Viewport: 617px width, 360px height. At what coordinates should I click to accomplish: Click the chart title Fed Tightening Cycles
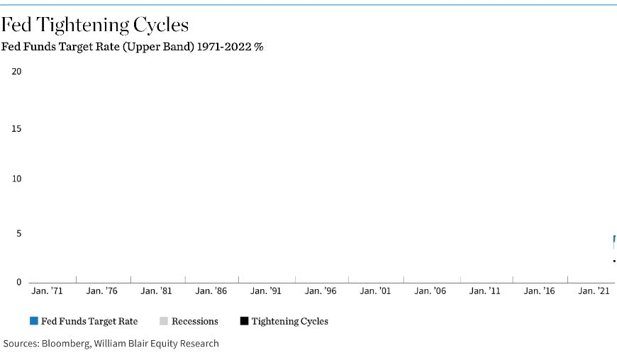[x=94, y=26]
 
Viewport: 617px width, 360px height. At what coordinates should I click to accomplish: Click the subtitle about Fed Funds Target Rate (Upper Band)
[x=132, y=47]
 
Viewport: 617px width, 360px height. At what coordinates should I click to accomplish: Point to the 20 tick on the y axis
[x=17, y=72]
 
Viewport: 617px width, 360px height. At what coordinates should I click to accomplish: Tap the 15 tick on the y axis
[x=17, y=129]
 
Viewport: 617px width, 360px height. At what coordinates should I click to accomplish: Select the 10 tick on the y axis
[x=17, y=179]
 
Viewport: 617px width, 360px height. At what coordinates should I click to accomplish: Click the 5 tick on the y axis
[x=19, y=233]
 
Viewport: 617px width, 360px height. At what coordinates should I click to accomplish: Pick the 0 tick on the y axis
[x=19, y=282]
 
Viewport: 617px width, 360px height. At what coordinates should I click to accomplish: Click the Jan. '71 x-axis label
[x=48, y=291]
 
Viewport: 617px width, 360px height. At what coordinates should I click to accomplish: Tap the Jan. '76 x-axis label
[x=101, y=291]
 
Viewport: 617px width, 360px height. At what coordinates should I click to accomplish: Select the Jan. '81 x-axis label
[x=156, y=291]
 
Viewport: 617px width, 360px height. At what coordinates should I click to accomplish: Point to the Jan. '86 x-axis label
[x=211, y=291]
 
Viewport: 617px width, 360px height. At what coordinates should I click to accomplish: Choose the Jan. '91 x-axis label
[x=265, y=291]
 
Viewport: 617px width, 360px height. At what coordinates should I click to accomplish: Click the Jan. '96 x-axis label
[x=320, y=291]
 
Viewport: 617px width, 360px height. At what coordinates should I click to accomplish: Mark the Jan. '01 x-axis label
[x=374, y=291]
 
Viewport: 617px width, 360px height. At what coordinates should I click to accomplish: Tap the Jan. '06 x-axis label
[x=430, y=291]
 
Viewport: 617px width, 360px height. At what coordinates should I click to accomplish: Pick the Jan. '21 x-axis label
[x=594, y=291]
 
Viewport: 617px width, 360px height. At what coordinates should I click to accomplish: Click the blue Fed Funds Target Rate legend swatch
[x=34, y=321]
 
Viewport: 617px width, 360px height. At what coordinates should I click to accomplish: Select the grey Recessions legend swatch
[x=164, y=321]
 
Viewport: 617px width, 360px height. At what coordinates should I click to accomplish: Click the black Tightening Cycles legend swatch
[x=244, y=321]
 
